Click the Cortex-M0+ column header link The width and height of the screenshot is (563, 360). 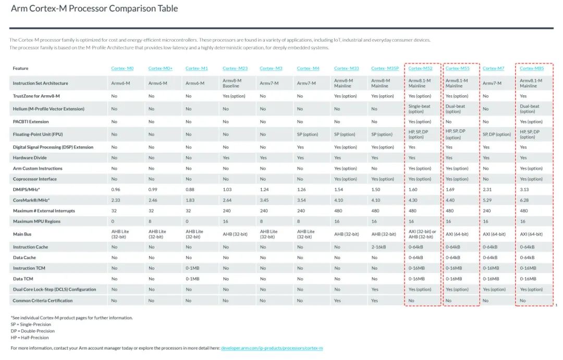[160, 68]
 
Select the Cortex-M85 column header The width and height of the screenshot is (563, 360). [532, 68]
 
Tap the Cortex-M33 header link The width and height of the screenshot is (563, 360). [346, 68]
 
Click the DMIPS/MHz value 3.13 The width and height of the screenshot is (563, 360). [524, 190]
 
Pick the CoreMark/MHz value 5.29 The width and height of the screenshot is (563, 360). [487, 200]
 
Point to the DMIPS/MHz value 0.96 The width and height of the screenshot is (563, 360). [116, 190]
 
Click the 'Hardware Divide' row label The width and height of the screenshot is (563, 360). [30, 158]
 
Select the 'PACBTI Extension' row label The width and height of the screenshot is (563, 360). [31, 121]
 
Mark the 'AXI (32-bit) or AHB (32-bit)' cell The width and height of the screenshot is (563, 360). [422, 234]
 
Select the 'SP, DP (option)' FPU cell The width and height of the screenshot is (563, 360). [497, 134]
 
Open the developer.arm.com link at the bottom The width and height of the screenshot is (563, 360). [272, 348]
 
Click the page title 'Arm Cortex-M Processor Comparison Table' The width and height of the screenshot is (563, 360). [94, 9]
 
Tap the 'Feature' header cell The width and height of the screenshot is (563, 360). [21, 68]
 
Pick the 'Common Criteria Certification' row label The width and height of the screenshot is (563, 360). [43, 301]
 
